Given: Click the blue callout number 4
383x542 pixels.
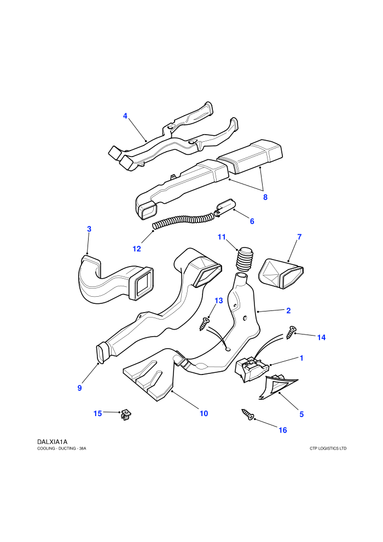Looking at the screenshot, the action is click(x=125, y=116).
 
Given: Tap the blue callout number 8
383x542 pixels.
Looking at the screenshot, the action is click(x=265, y=197).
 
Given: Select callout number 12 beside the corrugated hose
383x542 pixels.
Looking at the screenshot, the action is click(x=137, y=249).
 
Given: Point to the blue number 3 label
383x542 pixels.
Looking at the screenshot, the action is click(x=89, y=229).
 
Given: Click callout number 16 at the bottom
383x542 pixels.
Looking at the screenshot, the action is click(x=282, y=430).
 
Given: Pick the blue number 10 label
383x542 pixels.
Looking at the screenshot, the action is click(x=204, y=413).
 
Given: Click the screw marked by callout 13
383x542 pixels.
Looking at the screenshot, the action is click(x=205, y=324).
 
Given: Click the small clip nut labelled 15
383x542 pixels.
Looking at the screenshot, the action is click(x=126, y=414).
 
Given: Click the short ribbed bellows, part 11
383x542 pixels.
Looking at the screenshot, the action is click(x=245, y=260).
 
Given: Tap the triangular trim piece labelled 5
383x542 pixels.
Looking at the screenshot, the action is click(x=277, y=389).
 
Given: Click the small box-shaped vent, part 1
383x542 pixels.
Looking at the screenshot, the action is click(x=252, y=369).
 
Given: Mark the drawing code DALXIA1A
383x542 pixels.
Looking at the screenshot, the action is click(x=52, y=442).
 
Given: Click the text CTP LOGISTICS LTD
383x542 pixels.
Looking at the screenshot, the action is click(x=328, y=448).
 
